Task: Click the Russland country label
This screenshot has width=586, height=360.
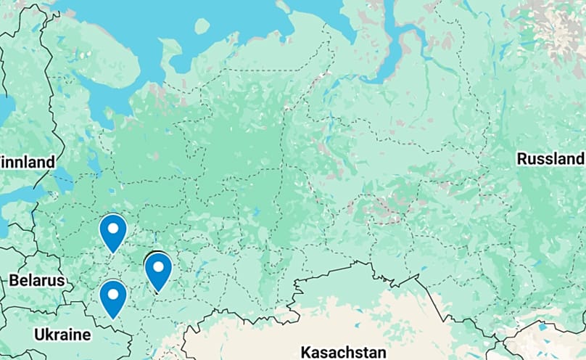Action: pyautogui.click(x=550, y=159)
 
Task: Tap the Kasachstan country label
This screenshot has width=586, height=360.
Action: pyautogui.click(x=343, y=352)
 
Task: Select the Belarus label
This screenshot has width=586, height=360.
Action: pyautogui.click(x=36, y=280)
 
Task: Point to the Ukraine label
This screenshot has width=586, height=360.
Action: pyautogui.click(x=62, y=335)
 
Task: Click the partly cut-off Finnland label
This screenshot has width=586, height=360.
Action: pyautogui.click(x=28, y=162)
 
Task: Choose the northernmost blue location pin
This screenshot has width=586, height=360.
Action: pyautogui.click(x=113, y=232)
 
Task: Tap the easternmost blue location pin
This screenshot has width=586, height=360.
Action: pyautogui.click(x=158, y=271)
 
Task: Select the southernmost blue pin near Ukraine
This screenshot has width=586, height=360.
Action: pyautogui.click(x=113, y=298)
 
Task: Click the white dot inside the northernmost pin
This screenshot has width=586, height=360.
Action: pyautogui.click(x=113, y=228)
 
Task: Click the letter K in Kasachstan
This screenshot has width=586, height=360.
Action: pyautogui.click(x=305, y=352)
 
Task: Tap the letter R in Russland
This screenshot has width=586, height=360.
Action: pyautogui.click(x=521, y=159)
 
